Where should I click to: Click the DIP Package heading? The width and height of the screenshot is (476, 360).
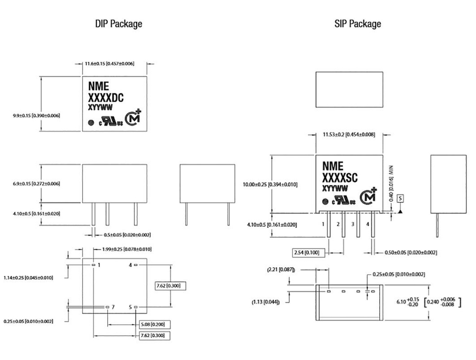(119, 24)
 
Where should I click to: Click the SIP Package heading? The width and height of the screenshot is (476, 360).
(357, 24)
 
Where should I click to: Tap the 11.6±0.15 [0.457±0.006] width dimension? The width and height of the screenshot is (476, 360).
(109, 63)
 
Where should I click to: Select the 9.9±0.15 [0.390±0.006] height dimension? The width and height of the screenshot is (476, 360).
(36, 115)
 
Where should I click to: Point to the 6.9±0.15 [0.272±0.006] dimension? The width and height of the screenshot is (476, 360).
(36, 183)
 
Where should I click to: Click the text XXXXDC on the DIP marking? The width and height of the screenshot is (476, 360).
(106, 97)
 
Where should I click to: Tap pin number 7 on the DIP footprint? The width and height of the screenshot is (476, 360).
(113, 307)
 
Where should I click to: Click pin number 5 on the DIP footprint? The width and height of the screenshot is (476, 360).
(131, 307)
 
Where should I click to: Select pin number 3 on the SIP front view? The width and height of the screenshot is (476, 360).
(353, 224)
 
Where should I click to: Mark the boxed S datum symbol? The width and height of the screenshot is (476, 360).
(401, 198)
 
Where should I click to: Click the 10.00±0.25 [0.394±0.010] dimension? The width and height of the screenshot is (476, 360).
(270, 184)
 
